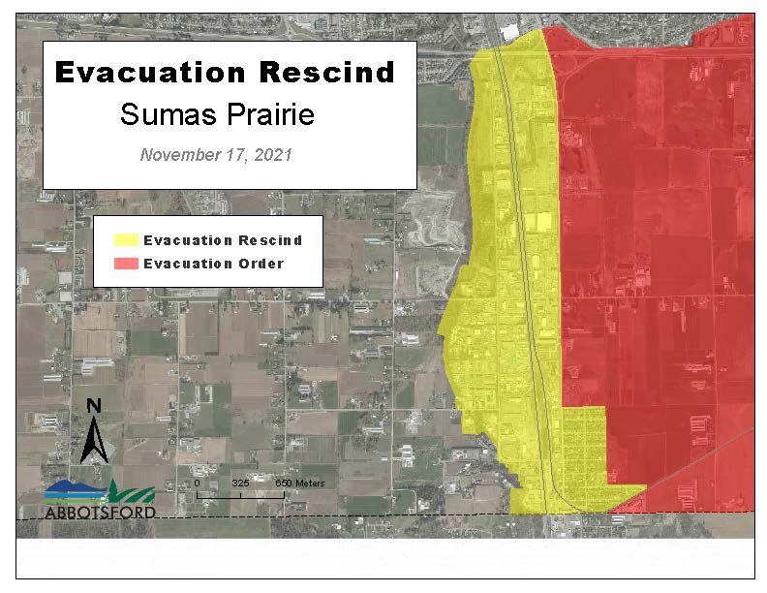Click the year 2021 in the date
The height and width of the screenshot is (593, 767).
272,154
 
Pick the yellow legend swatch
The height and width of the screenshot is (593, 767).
126,240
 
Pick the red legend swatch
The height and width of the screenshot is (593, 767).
126,264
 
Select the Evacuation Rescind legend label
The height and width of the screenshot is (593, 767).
222,240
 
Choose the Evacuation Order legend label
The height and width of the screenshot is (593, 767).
213,264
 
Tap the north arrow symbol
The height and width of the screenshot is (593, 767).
94,442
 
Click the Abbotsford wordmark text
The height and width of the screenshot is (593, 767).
100,511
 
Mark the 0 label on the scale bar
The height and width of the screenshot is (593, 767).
197,482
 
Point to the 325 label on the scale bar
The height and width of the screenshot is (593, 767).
240,482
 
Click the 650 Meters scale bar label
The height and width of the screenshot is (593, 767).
299,482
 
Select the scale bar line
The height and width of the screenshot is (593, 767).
240,494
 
